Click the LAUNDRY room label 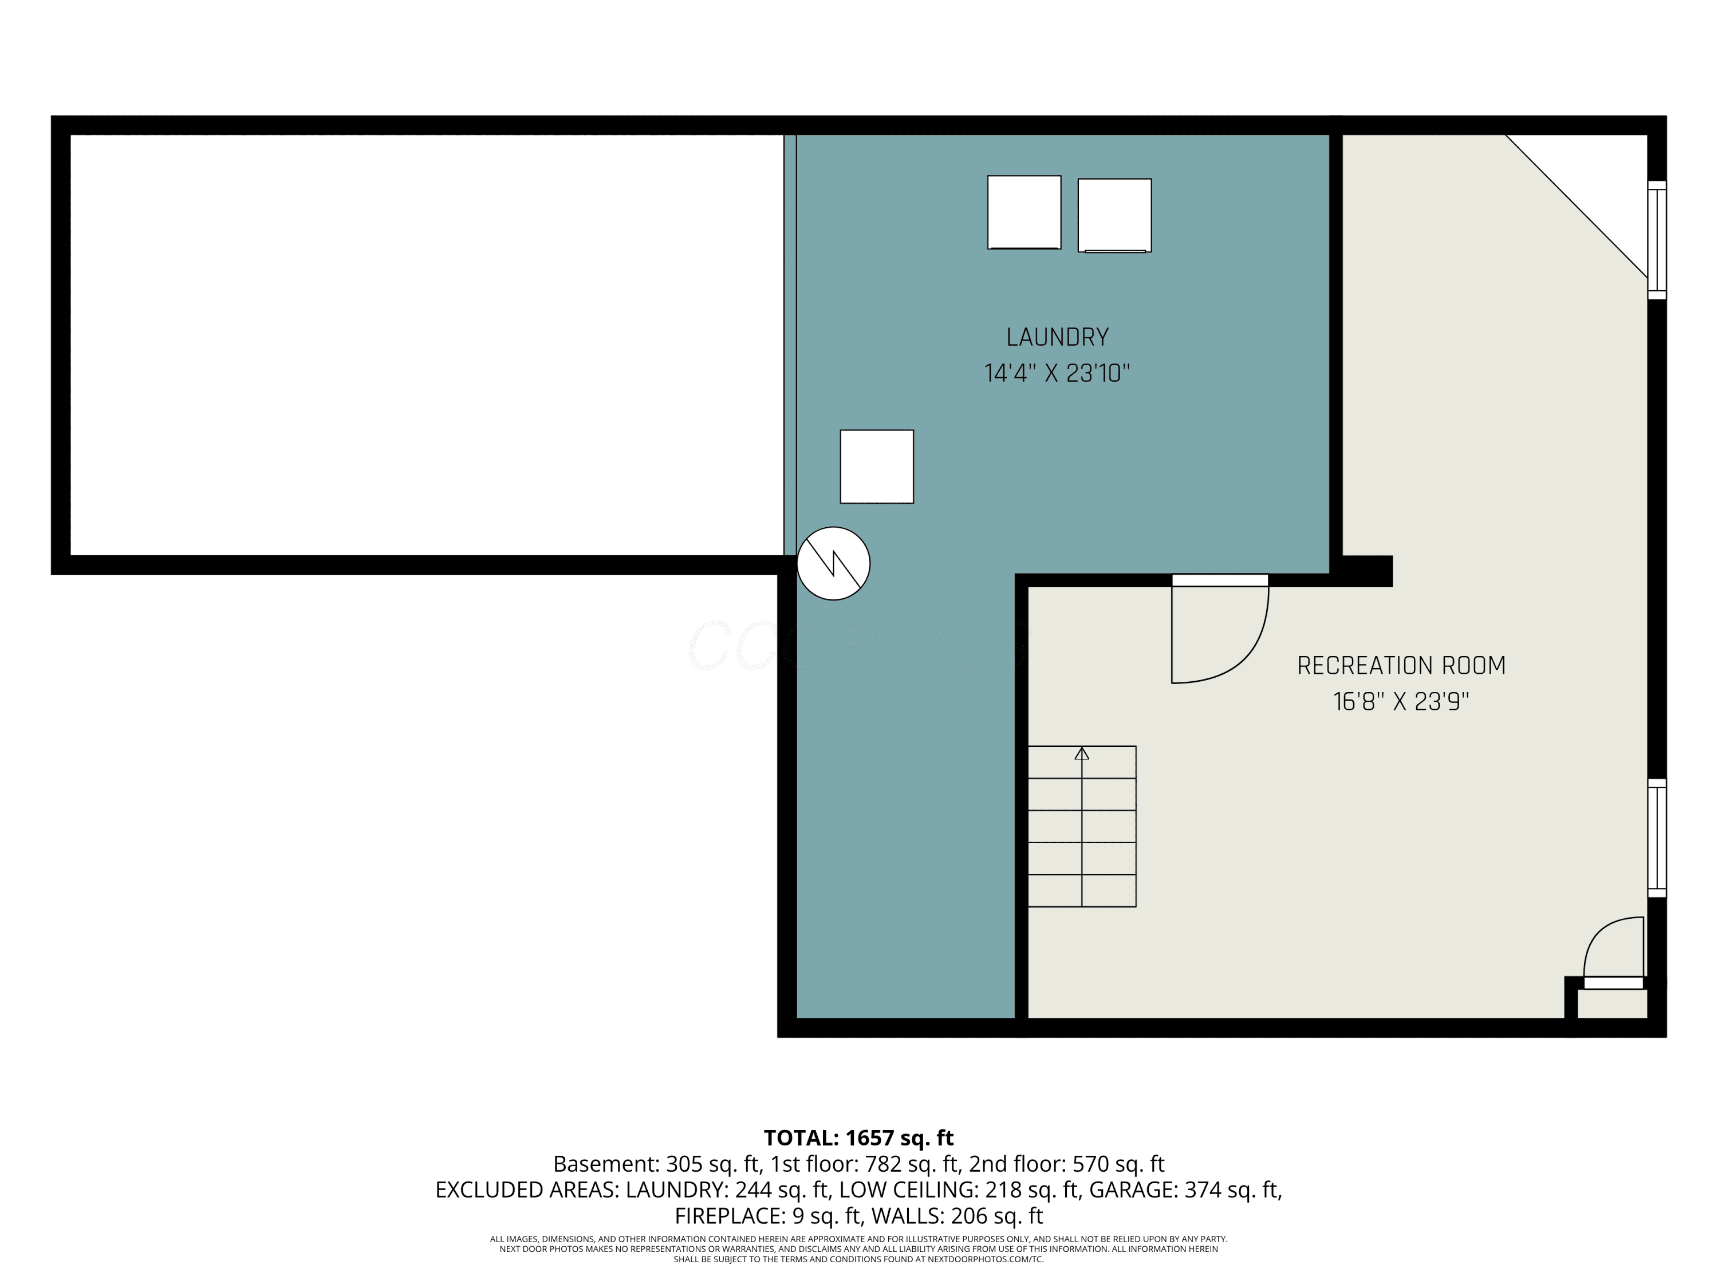1057,337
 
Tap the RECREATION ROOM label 1401,665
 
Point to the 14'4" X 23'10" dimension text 1057,373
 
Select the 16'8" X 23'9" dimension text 1401,702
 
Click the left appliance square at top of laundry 1024,212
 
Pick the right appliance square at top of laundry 1114,216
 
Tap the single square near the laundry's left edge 877,467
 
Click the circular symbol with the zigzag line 833,564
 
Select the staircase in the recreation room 1082,826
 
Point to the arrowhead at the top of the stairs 1082,752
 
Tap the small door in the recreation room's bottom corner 1614,953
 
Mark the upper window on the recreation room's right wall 1657,240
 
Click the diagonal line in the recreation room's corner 1576,206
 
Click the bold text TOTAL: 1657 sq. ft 858,1137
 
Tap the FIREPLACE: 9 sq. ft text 767,1216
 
